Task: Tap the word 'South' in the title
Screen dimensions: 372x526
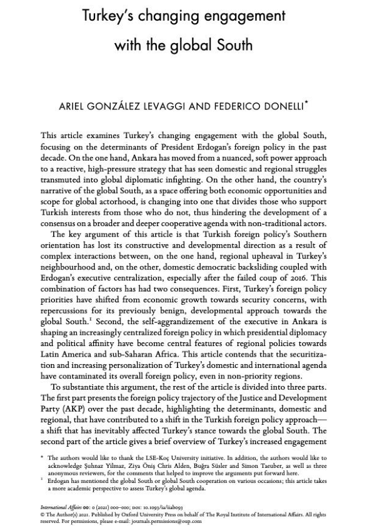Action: pyautogui.click(x=232, y=45)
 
